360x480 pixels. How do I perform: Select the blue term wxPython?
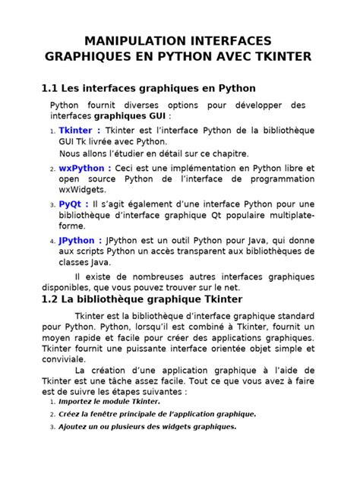click(x=85, y=168)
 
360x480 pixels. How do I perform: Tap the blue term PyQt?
click(x=73, y=204)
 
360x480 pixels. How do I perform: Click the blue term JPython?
click(x=81, y=240)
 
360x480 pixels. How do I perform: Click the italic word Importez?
click(x=81, y=401)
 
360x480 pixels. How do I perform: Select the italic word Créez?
click(x=71, y=414)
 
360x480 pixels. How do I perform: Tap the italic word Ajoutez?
click(x=77, y=427)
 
